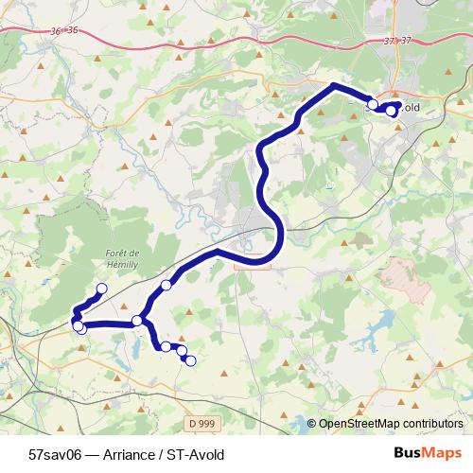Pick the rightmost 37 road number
point(408,40)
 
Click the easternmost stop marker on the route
point(392,112)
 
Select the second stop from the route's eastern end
point(374,104)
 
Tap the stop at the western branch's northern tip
point(101,289)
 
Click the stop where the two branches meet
point(138,321)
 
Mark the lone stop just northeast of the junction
point(166,285)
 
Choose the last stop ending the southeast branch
point(190,360)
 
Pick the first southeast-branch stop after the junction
point(166,346)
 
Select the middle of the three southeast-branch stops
point(181,351)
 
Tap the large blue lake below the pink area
point(379,327)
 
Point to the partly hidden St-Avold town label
point(405,108)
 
